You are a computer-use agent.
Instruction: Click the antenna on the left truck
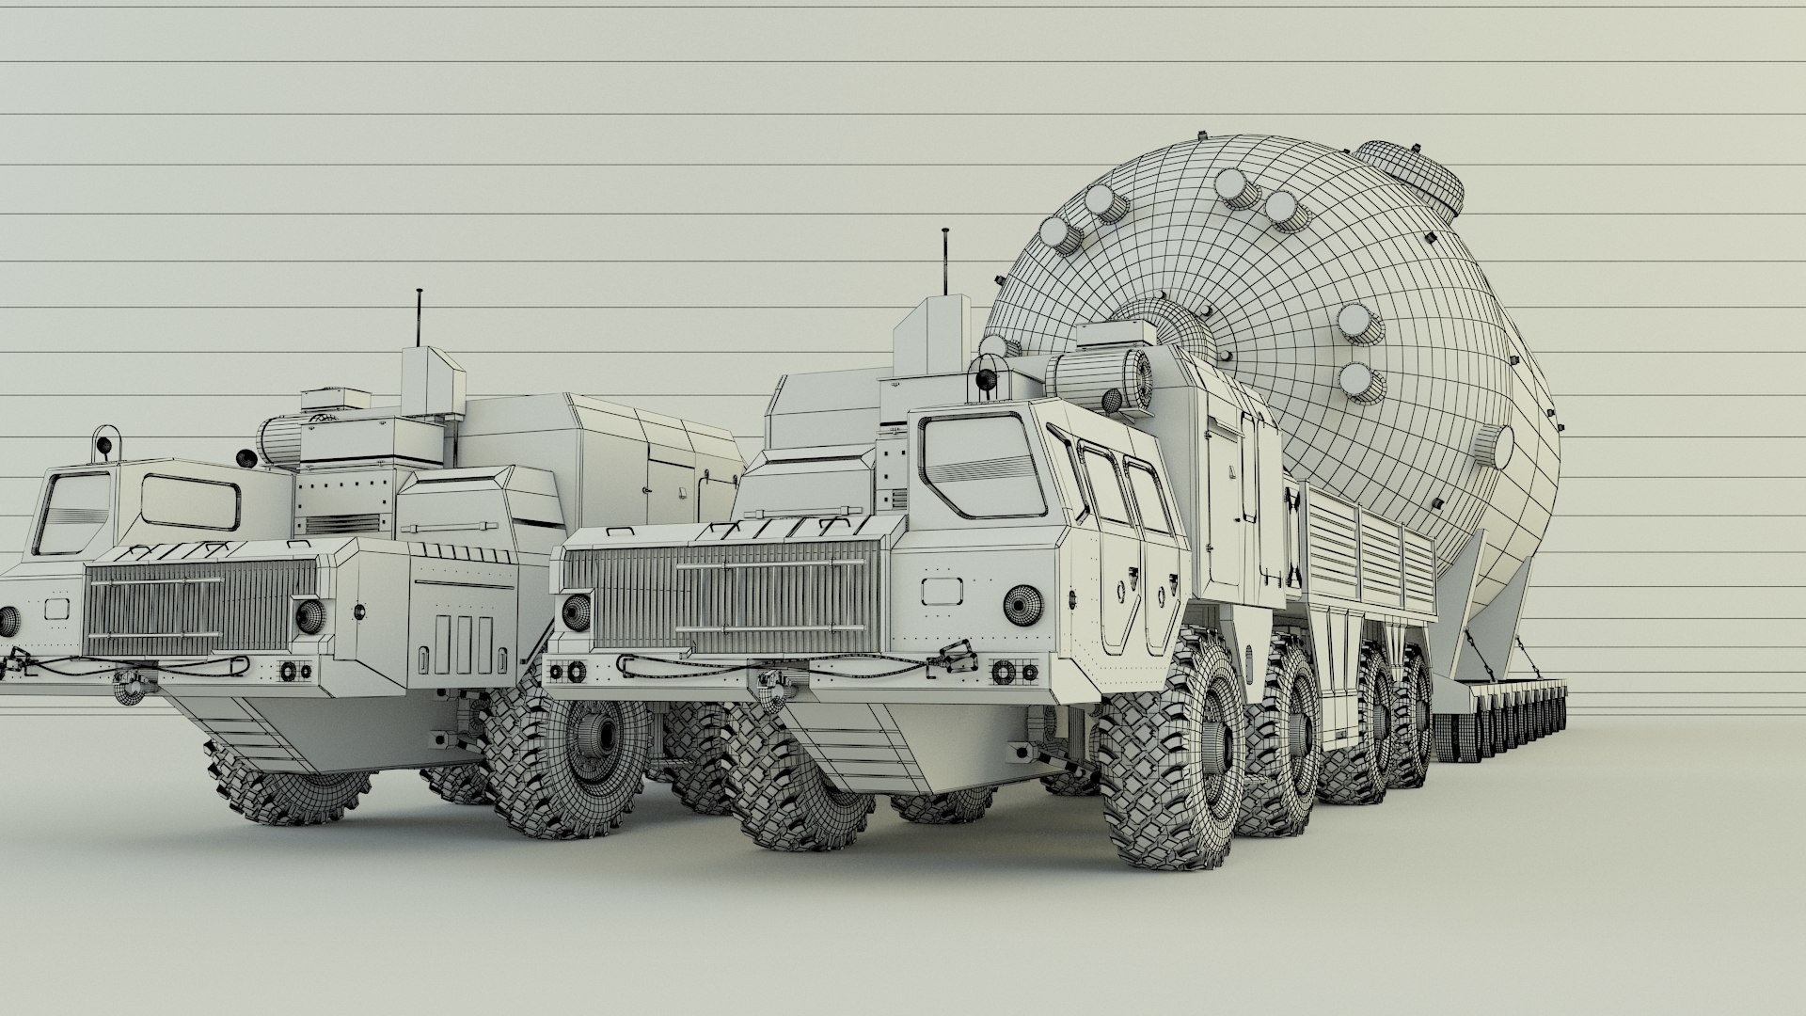418,320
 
